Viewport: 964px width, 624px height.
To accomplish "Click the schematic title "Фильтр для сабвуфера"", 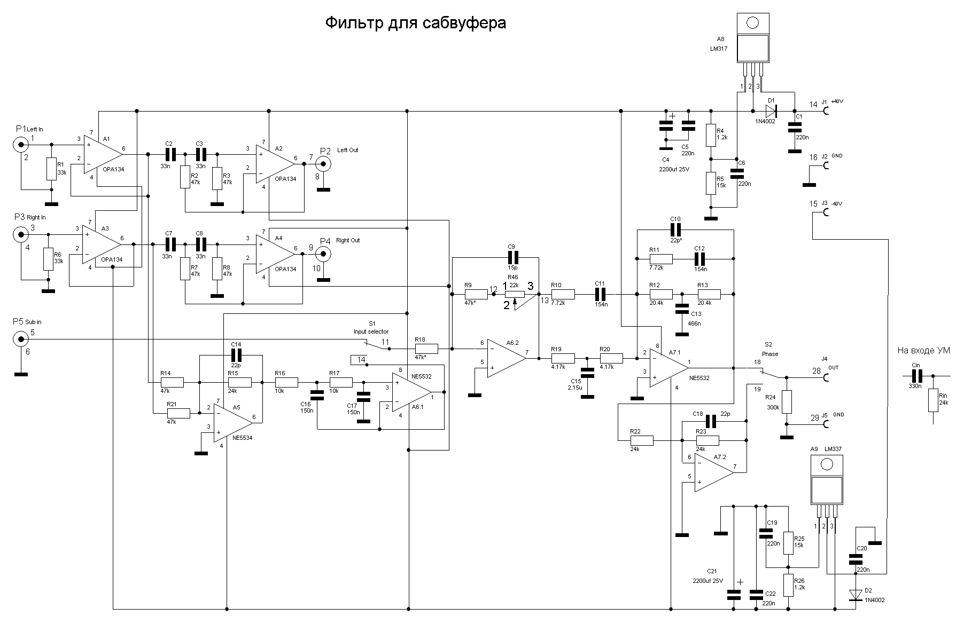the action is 415,23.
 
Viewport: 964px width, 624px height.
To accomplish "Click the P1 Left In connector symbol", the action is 20,144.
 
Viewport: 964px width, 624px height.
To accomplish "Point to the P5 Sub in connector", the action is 20,338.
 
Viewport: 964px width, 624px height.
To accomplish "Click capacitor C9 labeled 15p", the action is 511,257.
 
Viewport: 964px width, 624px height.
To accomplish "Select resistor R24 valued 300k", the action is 786,401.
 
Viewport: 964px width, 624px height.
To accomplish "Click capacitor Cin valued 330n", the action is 916,375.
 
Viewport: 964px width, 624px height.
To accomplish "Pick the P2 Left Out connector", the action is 323,164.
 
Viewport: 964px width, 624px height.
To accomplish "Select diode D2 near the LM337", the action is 856,594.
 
